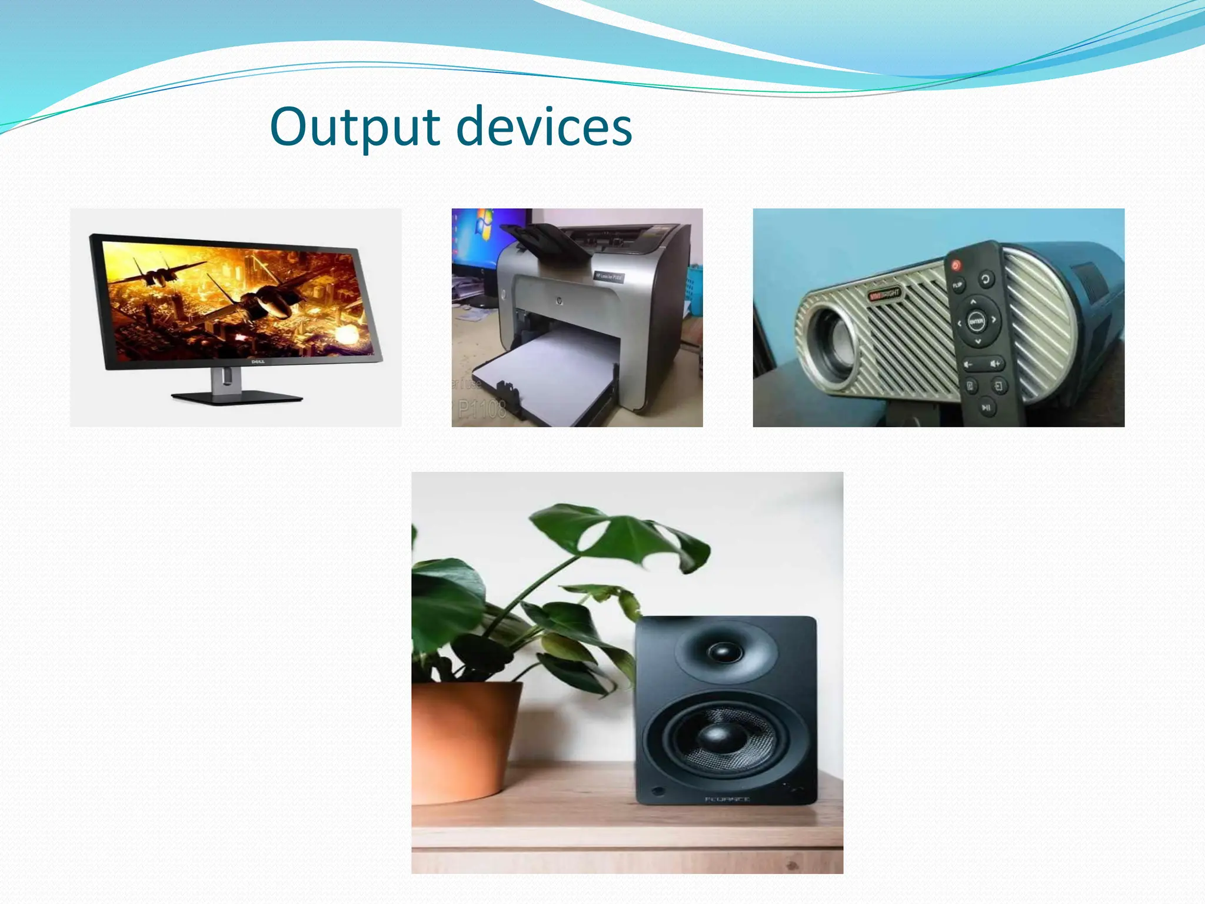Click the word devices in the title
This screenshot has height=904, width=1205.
[544, 127]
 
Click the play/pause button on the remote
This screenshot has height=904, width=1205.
[986, 407]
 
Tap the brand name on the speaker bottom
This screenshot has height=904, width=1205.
[727, 799]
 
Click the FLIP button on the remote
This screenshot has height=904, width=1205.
[957, 285]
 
